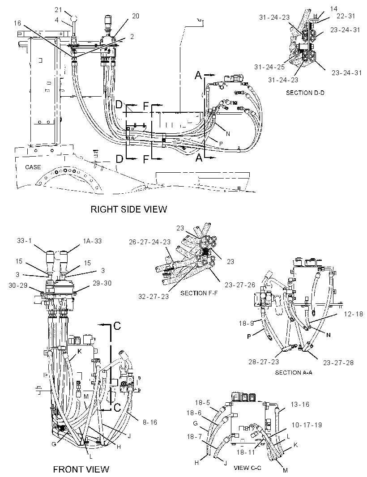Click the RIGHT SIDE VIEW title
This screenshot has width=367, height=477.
click(129, 209)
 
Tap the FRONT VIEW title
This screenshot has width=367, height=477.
click(81, 469)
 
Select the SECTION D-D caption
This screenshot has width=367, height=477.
click(305, 93)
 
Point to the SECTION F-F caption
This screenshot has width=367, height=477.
click(199, 293)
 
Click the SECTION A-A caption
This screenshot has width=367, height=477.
click(294, 372)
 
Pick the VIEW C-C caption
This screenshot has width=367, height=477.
click(248, 468)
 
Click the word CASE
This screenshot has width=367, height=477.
click(33, 167)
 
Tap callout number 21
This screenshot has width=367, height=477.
click(59, 10)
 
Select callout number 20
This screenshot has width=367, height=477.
click(136, 16)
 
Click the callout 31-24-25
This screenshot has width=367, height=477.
click(269, 67)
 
